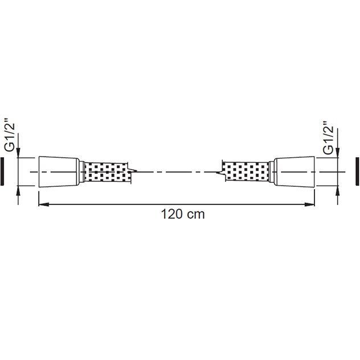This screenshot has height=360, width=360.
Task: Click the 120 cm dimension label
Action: (x=183, y=214)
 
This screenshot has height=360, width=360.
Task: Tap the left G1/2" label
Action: (x=10, y=137)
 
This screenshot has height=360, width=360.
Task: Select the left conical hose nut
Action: (x=59, y=171)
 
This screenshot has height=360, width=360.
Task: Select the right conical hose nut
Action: (x=294, y=171)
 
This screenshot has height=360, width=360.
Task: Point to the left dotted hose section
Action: (x=105, y=171)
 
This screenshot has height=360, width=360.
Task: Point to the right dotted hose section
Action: (x=247, y=171)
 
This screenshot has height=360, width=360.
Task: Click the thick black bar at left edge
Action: (x=2, y=171)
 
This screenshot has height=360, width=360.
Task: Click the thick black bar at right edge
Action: (x=357, y=171)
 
